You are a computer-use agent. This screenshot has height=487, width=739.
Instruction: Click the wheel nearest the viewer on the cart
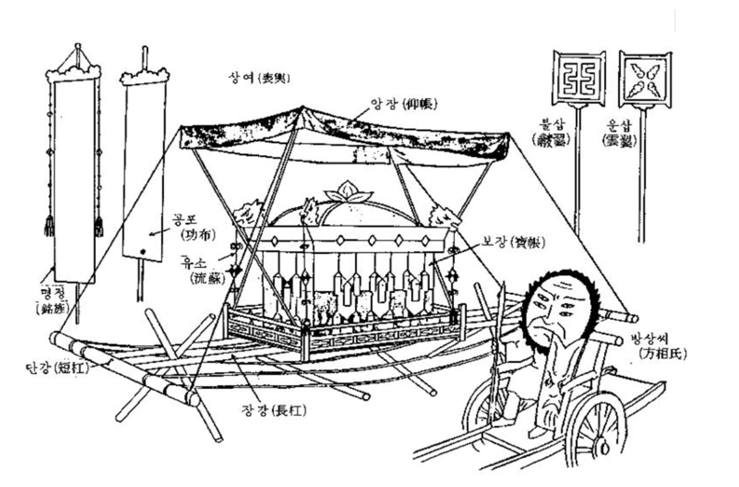click(x=594, y=431)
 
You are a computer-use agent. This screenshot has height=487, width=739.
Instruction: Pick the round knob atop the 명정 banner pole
click(x=78, y=46)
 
